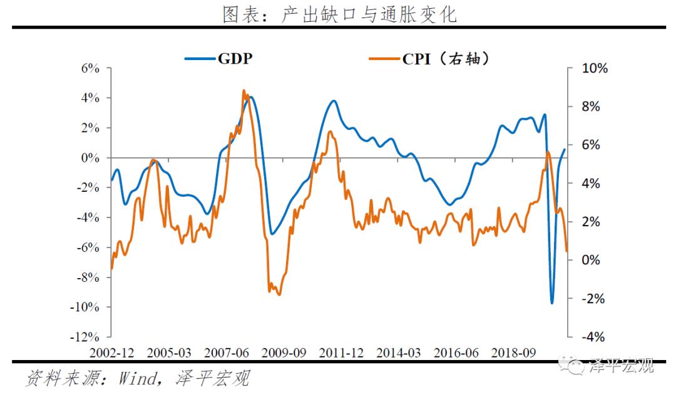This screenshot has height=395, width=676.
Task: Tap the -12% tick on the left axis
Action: (x=86, y=337)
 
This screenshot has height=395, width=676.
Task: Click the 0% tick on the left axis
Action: (x=90, y=157)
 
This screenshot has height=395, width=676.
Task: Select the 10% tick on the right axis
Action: (x=594, y=68)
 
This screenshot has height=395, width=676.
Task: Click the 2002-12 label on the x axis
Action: (x=111, y=352)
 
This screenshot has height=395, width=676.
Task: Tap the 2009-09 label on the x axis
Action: (x=284, y=352)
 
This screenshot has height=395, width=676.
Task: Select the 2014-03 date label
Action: (x=399, y=352)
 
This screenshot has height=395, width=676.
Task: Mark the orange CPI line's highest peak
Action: (x=243, y=91)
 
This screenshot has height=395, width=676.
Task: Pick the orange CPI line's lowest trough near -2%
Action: (x=279, y=294)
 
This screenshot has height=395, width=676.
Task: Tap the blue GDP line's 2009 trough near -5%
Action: (x=272, y=234)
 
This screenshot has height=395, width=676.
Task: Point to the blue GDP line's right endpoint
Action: (x=565, y=149)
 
